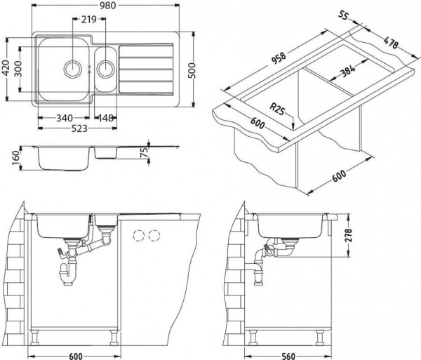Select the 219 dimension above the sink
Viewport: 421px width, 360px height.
tap(88, 20)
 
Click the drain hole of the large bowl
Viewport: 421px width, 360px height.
tap(72, 69)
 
